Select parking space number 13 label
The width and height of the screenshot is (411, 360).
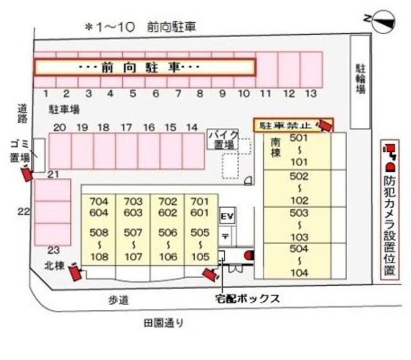tap(310, 94)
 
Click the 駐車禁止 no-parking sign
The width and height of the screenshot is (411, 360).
tap(285, 124)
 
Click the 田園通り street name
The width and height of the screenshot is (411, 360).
tap(164, 323)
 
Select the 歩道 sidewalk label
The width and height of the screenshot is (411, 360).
tap(116, 298)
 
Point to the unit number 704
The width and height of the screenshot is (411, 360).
tap(99, 201)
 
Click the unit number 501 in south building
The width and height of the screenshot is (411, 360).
tap(299, 138)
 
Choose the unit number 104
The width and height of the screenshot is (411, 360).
tap(299, 273)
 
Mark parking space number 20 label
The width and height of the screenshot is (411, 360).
tap(59, 127)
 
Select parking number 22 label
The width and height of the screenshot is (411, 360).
tap(23, 212)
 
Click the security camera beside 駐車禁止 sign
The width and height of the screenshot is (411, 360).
tap(325, 125)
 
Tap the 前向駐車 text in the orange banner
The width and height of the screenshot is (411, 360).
tap(140, 67)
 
